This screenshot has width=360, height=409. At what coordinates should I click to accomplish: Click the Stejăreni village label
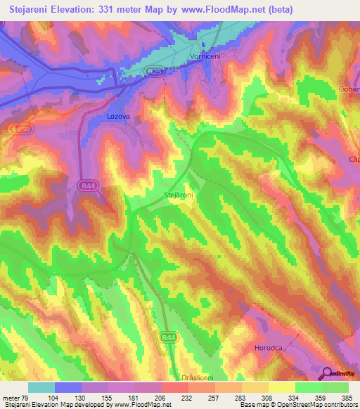pos(179,195)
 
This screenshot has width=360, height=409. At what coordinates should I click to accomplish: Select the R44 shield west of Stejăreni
pos(85,184)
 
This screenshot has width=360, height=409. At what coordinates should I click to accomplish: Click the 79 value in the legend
pos(25,398)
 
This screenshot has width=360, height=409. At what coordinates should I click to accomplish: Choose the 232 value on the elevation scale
pos(188,398)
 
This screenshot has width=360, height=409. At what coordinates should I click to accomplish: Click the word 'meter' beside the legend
pos(11,398)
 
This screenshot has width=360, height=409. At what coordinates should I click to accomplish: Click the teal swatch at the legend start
pos(41,387)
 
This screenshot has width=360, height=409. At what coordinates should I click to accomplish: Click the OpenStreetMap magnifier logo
pos(328,375)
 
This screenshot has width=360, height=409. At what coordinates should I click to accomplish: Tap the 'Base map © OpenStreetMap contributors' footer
pos(298,405)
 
